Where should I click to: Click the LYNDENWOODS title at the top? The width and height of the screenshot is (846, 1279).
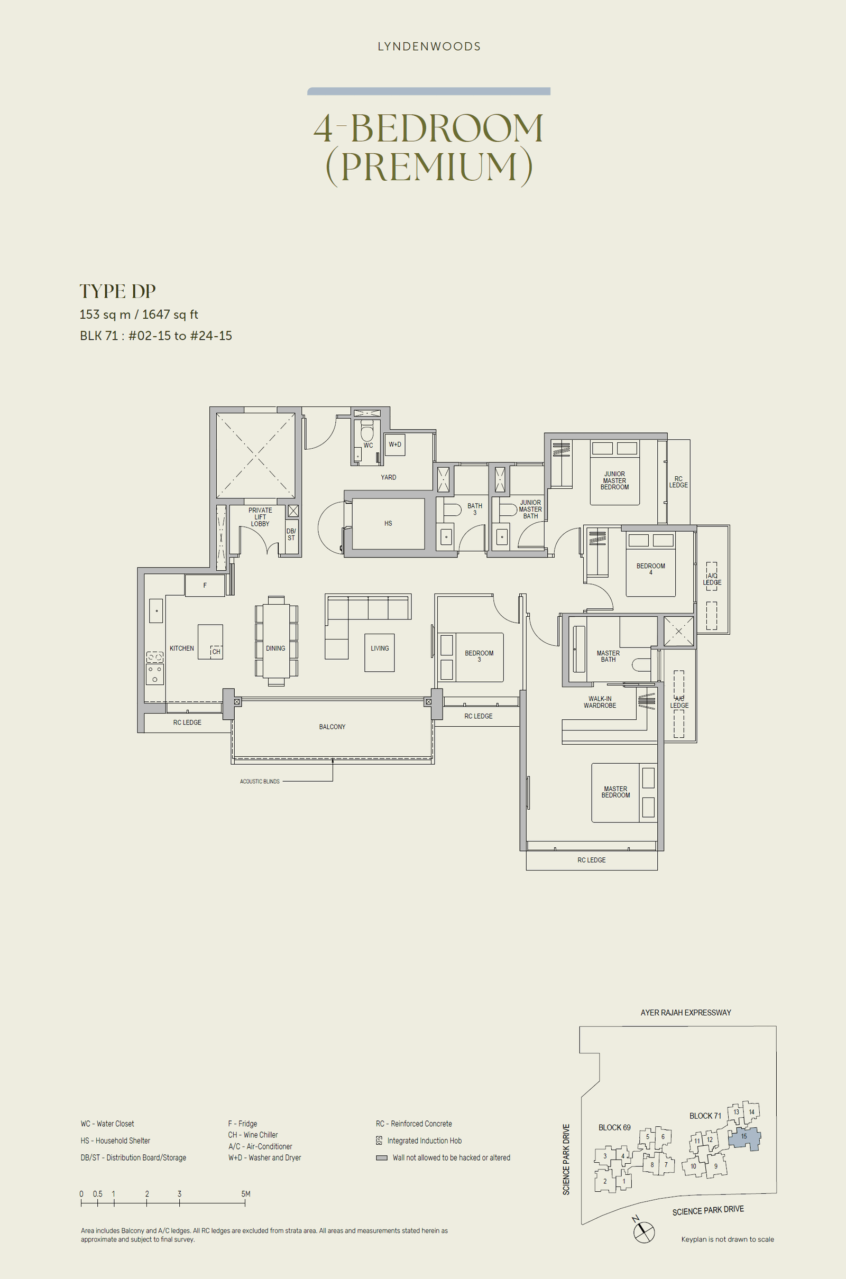coord(429,47)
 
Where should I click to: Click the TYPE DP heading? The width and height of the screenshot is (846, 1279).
coord(117,291)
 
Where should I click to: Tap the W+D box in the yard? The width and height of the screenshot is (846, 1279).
coord(395,445)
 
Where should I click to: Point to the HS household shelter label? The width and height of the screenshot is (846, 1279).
coord(388,524)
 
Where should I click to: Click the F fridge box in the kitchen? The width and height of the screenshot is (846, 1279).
coord(205,586)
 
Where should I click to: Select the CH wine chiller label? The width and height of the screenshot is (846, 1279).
coord(216,652)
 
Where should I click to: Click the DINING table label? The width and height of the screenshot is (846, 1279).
coord(275,648)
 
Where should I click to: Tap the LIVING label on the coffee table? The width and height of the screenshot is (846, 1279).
coord(379,648)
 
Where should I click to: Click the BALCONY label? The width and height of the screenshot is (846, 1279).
coord(332,727)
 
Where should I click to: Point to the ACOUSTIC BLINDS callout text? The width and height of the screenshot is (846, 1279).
coord(260,781)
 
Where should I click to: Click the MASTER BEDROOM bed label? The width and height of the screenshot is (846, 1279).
coord(615,792)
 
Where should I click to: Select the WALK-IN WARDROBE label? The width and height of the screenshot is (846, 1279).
coord(600,702)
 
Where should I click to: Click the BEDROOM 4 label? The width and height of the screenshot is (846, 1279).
coord(650,569)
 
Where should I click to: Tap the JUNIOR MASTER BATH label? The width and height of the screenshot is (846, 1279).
coord(530,509)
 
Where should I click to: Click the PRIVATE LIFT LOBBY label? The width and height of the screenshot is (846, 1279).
coord(260,516)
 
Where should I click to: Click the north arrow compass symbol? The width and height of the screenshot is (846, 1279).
coord(643,1231)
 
